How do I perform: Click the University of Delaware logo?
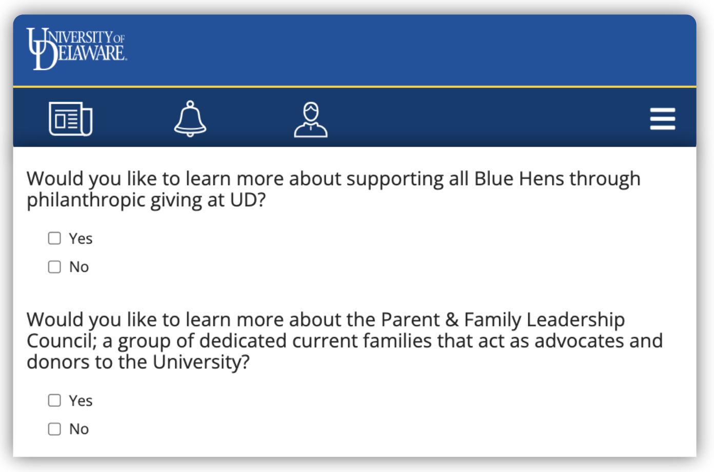point(76,48)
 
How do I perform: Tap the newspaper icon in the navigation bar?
point(70,119)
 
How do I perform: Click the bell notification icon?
point(190,119)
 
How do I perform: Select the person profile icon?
point(311,120)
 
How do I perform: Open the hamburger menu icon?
point(662,119)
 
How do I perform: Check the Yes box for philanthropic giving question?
point(54,238)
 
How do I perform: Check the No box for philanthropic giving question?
point(54,267)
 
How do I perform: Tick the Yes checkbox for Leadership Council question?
point(54,401)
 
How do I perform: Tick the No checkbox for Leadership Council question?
point(54,429)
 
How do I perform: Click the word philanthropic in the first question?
point(86,200)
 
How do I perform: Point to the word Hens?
point(541,178)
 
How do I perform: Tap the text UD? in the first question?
point(248,200)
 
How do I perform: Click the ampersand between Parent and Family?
point(452,320)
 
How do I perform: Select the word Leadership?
point(576,320)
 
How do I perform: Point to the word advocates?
point(579,341)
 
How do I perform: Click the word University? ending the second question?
point(201,363)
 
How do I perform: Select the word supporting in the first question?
point(395,179)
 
